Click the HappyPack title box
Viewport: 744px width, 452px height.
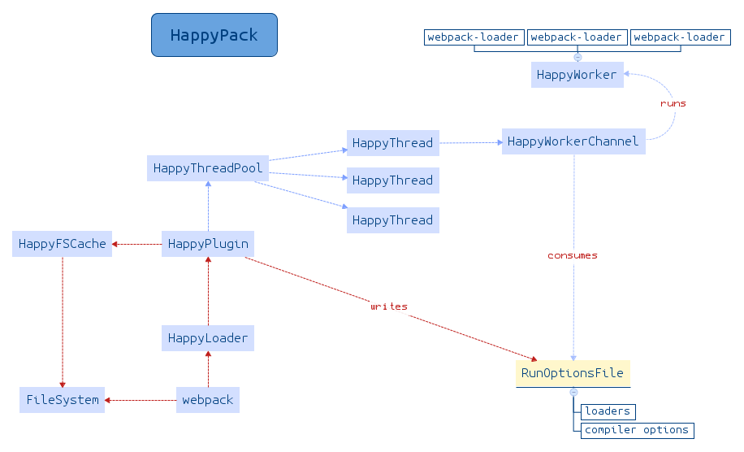click(214, 35)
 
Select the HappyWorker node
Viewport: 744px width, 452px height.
click(577, 75)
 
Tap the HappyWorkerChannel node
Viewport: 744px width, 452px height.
click(573, 141)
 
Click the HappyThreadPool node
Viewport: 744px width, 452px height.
click(208, 168)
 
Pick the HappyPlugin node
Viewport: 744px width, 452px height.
click(208, 244)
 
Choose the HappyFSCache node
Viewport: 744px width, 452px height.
click(63, 244)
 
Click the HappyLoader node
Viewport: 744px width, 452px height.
click(208, 338)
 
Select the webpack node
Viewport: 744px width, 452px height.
click(208, 400)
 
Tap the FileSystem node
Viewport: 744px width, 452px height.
click(63, 400)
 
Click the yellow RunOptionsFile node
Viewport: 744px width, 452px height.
click(573, 373)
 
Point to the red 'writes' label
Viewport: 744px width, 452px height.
click(389, 306)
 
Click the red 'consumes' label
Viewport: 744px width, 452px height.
click(573, 255)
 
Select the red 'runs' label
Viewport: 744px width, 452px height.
click(673, 103)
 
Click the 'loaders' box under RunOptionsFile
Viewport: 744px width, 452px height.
click(608, 411)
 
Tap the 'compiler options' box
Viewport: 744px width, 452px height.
click(637, 430)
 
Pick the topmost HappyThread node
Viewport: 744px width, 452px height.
click(392, 143)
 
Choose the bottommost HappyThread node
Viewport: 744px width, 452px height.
click(392, 220)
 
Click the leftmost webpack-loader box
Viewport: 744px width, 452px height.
click(474, 37)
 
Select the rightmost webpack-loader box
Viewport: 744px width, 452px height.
click(679, 37)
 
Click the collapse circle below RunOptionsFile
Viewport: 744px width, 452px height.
click(573, 392)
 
